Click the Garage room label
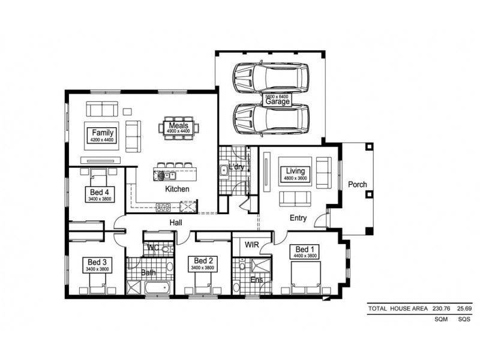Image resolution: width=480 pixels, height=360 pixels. [277, 101]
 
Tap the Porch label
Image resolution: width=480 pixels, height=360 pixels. [358, 184]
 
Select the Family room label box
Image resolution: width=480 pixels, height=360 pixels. [103, 135]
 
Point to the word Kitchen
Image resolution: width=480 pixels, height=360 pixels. [177, 189]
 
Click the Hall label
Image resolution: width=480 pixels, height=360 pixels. [176, 223]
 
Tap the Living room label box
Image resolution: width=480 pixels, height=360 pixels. [295, 174]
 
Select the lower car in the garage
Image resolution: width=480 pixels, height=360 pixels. [271, 119]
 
